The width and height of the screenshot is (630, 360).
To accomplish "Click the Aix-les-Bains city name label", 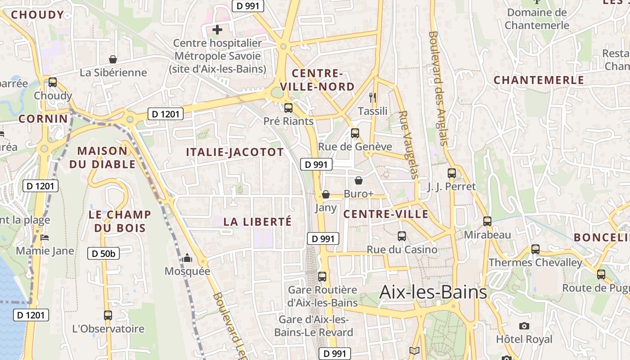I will [x=433, y=292].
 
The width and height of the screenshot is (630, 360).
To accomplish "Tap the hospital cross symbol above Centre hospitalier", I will [x=217, y=30].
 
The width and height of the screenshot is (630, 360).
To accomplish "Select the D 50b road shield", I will [x=103, y=253].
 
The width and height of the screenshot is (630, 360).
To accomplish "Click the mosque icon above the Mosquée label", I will [x=187, y=258].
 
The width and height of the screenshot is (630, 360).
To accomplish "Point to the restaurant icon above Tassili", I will [x=372, y=97].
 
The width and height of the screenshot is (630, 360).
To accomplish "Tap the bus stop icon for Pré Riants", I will [x=288, y=108].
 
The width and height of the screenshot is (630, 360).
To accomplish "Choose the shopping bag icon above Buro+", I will [x=359, y=180].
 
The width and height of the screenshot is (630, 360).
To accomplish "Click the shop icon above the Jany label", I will [x=326, y=194].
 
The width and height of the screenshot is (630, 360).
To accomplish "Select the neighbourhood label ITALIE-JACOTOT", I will [x=235, y=152].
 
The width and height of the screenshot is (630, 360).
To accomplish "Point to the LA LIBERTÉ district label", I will [x=257, y=221].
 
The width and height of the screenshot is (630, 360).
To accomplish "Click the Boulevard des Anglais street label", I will [x=439, y=88].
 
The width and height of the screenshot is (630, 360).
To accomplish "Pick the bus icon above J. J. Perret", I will [x=452, y=173].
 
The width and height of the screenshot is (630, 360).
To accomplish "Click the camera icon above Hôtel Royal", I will [x=524, y=326].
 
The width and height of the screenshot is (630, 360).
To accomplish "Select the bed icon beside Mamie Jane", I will [x=44, y=237].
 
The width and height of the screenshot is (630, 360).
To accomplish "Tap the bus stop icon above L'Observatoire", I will [x=108, y=315].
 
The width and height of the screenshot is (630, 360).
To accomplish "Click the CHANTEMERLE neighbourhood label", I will [x=539, y=80].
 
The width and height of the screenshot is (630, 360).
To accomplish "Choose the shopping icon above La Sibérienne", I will [x=113, y=59].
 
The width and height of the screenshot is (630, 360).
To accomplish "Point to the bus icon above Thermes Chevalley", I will [x=535, y=249].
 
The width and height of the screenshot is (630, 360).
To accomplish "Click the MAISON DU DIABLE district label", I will [x=103, y=157].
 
